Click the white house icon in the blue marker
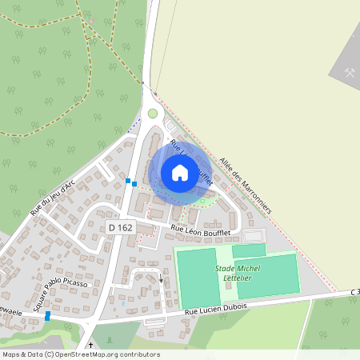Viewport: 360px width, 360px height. tap(180, 172)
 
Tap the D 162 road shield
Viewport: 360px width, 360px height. tap(120, 228)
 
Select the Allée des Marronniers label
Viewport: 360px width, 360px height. tap(246, 184)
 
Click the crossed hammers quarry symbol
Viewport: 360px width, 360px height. tap(350, 72)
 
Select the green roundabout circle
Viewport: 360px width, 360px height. tap(152, 113)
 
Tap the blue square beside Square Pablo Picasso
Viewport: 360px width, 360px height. tap(48, 316)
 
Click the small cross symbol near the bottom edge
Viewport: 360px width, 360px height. tap(90, 346)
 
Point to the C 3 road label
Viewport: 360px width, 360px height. tap(354, 293)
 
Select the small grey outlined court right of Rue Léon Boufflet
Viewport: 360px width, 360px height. tap(253, 236)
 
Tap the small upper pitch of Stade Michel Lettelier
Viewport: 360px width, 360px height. tap(248, 250)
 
